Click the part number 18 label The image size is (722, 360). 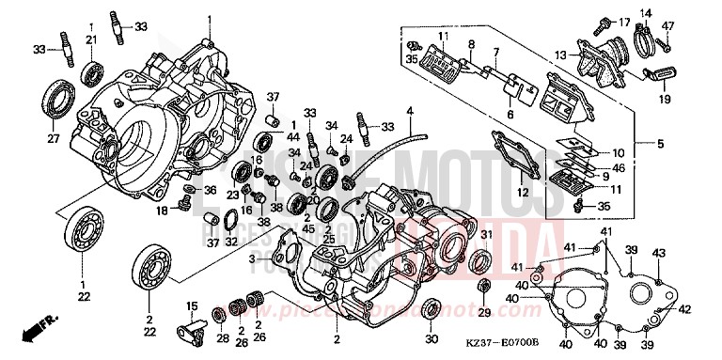pos(162,211)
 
